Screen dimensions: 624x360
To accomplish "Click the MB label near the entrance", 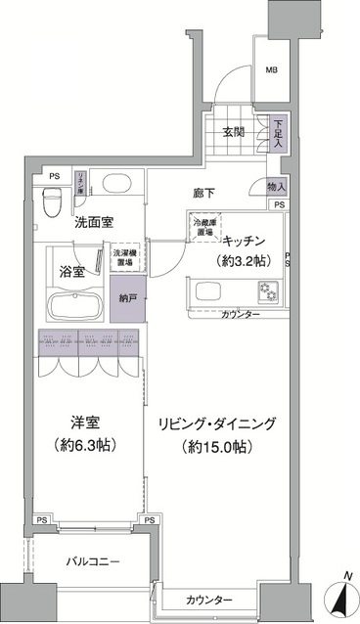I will pos(273,69).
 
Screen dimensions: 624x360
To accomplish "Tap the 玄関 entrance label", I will pos(232,132).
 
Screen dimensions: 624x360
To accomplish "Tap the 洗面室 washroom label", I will pos(99,222).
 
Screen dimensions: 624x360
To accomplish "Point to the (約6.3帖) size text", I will pos(84,444).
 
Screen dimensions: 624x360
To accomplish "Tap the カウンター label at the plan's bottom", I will pos(209,599).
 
